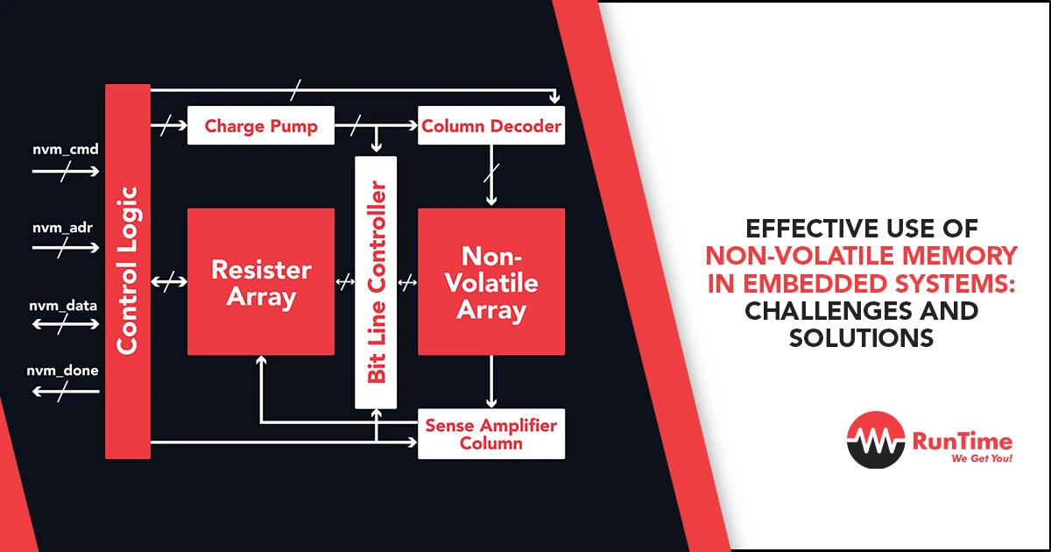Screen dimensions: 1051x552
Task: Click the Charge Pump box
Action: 261,125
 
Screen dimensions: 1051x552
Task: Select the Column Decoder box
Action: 491,125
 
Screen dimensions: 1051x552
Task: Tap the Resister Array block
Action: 261,281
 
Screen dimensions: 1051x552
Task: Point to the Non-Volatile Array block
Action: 491,281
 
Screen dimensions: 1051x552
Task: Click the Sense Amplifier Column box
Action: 491,434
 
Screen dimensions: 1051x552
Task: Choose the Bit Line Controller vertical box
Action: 376,282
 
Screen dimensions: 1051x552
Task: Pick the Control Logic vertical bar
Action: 128,272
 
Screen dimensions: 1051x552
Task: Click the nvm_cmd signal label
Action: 66,149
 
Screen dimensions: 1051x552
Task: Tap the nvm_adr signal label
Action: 62,228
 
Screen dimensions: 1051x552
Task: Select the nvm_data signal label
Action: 63,306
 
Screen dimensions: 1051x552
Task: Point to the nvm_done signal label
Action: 62,371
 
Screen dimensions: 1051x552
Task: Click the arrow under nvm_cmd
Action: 66,172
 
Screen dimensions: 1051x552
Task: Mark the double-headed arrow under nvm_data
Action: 66,324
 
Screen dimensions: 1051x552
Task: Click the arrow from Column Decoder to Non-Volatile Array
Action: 491,175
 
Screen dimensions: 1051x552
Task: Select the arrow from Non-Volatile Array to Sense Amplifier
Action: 491,382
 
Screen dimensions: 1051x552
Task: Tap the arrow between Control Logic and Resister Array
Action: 169,281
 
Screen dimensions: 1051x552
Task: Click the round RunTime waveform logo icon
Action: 876,440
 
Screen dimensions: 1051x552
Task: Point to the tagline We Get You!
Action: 982,458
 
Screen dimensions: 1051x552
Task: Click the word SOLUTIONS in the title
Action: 861,337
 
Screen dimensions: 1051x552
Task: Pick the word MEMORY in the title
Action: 960,255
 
